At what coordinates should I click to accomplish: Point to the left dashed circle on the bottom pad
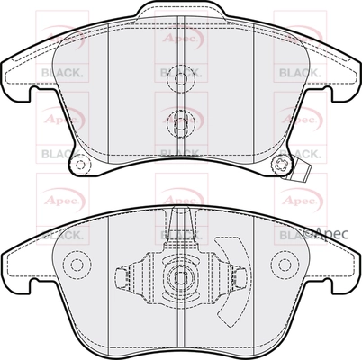pyautogui.click(x=77, y=265)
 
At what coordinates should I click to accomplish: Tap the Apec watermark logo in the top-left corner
pyautogui.click(x=55, y=39)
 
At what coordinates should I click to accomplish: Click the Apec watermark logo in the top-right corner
pyautogui.click(x=303, y=39)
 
